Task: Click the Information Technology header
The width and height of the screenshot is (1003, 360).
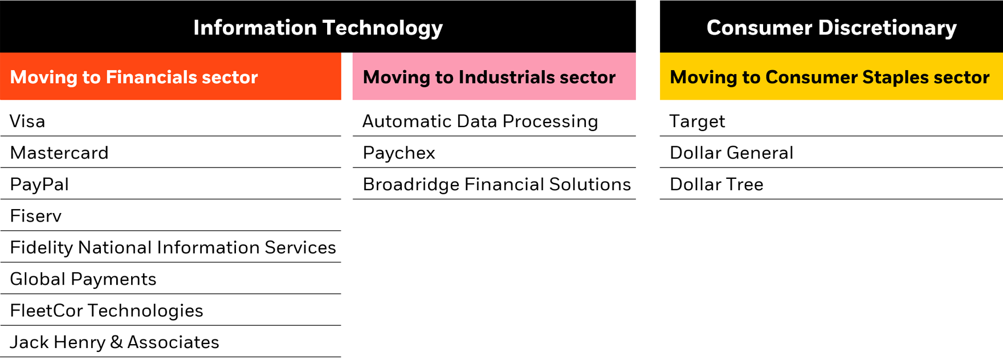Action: [318, 27]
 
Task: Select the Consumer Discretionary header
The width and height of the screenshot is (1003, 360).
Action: [831, 27]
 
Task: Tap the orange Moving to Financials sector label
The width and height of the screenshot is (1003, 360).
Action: [134, 77]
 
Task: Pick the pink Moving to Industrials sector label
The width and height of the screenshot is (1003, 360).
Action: [489, 77]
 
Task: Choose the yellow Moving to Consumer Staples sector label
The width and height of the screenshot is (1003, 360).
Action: [830, 77]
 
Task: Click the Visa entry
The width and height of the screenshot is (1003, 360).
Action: [27, 121]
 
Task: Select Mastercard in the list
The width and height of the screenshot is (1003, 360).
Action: [59, 153]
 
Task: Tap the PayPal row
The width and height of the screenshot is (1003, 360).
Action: [39, 185]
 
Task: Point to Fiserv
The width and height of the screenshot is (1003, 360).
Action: [36, 216]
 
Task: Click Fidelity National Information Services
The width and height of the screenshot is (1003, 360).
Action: [173, 248]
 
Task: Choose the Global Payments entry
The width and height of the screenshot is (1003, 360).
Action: [83, 279]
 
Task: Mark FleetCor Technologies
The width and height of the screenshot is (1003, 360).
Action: [107, 310]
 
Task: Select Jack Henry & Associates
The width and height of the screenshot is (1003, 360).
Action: [115, 342]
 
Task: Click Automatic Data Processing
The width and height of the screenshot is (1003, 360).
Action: [480, 121]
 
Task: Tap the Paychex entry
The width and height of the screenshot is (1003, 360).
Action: [399, 153]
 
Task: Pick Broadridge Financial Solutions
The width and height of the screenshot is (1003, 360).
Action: [497, 185]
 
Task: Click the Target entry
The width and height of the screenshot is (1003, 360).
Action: [698, 121]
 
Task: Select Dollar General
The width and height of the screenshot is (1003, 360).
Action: [732, 153]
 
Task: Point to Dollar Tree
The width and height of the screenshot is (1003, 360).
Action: [717, 185]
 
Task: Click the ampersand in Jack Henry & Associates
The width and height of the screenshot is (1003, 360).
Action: [116, 342]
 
